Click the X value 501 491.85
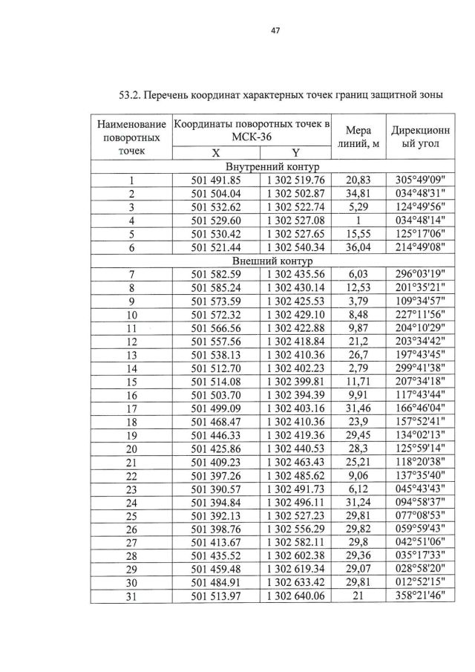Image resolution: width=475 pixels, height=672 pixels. point(216,180)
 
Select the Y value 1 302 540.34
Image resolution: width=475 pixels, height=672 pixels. point(295,248)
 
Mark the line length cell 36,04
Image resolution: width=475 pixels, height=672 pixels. point(358,248)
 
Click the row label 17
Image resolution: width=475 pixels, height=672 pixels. point(131,408)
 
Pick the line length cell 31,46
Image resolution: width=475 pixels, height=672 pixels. point(358,408)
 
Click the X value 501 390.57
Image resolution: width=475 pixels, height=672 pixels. point(216,490)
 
